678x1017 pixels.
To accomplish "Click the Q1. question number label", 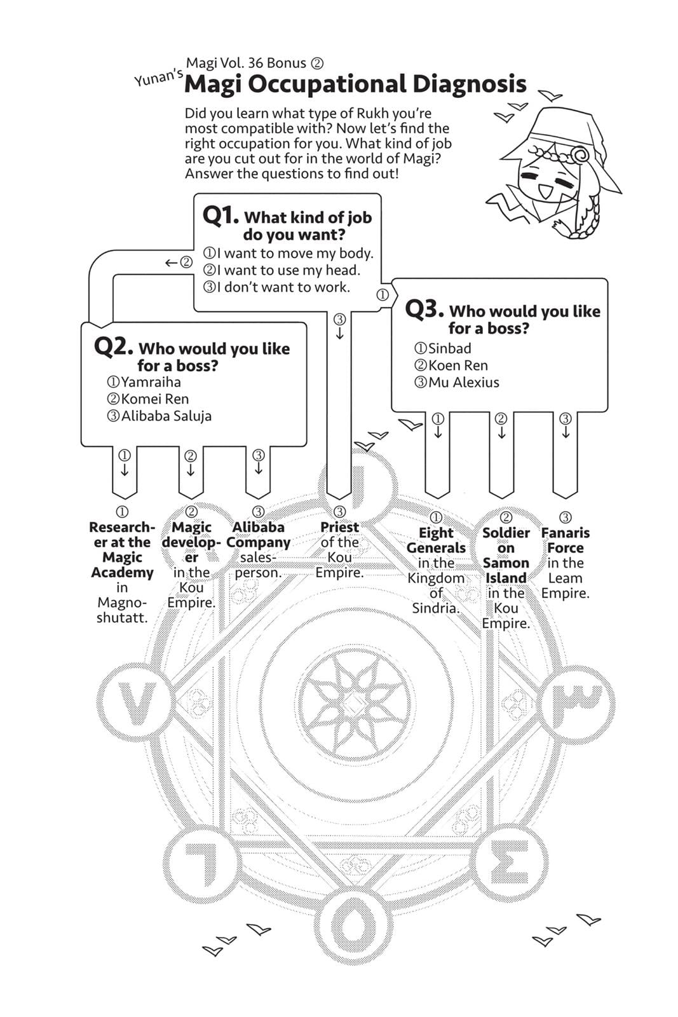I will (220, 215).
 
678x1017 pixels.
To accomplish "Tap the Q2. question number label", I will (113, 346).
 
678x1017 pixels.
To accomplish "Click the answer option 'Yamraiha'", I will (151, 382).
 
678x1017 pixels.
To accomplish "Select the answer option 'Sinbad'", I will (449, 348).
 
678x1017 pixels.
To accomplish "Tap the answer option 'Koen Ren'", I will (458, 365).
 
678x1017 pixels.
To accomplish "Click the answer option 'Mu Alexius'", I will (463, 383).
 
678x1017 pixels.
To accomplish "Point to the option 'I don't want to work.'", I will (283, 287).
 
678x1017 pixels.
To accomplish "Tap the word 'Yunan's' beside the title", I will (158, 78).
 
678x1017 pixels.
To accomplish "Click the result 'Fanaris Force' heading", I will (565, 540).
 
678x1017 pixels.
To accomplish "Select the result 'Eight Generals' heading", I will (436, 540).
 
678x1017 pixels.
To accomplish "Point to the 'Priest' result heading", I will (339, 527).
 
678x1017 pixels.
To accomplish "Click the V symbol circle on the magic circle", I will (135, 704).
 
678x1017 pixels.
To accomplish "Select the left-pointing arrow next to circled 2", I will (170, 263).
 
